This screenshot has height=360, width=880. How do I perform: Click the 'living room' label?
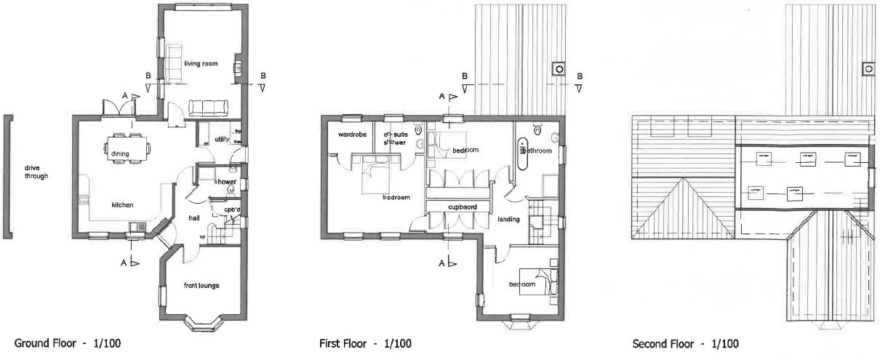pos(201,64)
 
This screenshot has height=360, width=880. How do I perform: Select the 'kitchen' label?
pos(122,205)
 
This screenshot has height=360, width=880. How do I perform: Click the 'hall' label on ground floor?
pos(194,217)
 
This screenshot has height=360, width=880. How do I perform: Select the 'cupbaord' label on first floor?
pos(462,207)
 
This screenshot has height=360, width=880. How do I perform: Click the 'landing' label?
pos(508,219)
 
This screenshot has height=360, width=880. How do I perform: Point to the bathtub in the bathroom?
pos(521,154)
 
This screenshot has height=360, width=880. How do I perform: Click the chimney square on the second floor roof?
pos(868,69)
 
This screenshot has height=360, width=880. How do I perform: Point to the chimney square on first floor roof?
pos(559,69)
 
